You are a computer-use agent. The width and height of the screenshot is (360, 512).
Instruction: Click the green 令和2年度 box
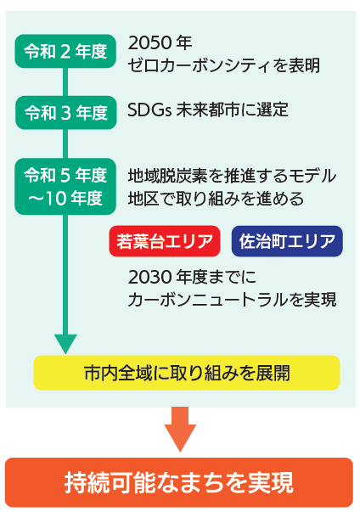65,52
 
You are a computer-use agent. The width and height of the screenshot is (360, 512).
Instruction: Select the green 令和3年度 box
65,112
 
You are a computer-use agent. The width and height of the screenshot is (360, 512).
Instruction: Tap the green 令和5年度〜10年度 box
65,187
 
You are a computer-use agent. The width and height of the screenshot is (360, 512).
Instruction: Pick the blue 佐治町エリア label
287,241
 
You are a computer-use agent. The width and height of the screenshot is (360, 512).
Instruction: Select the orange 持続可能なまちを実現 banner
179,482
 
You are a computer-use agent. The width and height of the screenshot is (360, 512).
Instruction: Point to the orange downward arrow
180,429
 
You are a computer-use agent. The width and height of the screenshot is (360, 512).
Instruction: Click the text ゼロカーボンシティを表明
223,65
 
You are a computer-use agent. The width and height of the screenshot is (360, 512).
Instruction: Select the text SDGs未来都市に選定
208,110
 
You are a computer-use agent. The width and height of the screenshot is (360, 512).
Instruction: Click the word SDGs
146,110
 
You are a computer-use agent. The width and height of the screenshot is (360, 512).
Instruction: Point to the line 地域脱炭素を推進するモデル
232,177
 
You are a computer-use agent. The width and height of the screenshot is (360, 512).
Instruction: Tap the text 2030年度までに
191,278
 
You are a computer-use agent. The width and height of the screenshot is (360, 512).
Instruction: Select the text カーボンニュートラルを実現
232,300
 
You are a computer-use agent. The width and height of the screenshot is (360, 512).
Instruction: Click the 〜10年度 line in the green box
65,199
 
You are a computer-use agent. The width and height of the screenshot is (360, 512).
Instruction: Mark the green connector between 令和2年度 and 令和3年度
65,82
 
